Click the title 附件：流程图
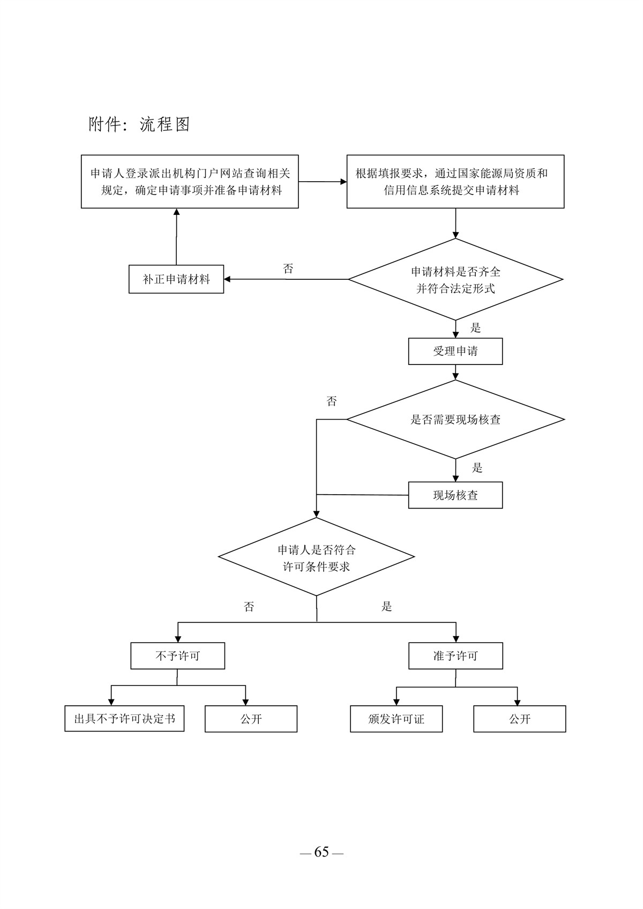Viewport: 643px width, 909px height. pos(139,124)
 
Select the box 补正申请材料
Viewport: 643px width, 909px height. pos(176,279)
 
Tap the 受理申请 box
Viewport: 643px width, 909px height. pos(455,352)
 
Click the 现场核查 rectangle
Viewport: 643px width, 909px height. pos(455,495)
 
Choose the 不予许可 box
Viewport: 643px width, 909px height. pos(177,656)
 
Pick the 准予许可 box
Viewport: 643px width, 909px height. pos(455,656)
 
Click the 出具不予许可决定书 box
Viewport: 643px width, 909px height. pos(124,719)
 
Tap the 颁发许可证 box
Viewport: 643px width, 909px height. pos(397,719)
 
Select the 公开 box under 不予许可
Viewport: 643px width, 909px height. pos(251,719)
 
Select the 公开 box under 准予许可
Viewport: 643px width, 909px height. pos(520,719)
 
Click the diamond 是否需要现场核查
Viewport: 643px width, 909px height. pos(455,420)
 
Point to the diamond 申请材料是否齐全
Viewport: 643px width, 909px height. pos(455,280)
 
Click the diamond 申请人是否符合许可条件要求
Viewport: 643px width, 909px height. pos(317,557)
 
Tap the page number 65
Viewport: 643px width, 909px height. pos(322,852)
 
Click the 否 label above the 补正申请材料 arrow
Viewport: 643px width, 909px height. pos(288,269)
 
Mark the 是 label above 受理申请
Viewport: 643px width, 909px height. pos(476,328)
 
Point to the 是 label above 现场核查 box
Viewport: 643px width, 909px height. pos(477,468)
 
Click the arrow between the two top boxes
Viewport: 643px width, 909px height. pos(323,182)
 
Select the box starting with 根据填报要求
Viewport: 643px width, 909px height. pos(455,182)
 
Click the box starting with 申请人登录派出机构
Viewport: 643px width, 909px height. pos(190,182)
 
